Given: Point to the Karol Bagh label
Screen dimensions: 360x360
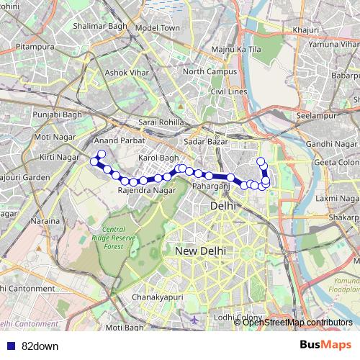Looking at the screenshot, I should click(x=158, y=157).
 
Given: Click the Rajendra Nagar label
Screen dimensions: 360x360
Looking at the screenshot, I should click(x=146, y=190).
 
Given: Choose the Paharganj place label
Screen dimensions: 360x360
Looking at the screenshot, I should click(x=211, y=186).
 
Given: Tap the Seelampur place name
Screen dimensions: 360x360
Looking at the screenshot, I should click(x=318, y=115).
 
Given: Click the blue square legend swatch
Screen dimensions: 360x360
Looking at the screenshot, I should click(x=9, y=346).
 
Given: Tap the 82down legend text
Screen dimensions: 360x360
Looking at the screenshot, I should click(x=40, y=346).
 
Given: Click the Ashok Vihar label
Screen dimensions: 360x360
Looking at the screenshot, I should click(x=126, y=73).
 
